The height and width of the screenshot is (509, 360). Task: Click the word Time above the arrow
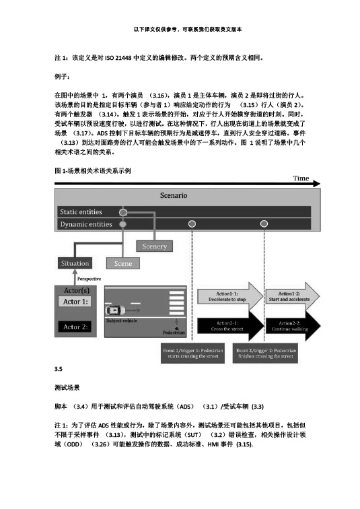(301, 178)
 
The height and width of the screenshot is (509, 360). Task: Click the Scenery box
(154, 246)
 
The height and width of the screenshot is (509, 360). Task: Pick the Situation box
(74, 263)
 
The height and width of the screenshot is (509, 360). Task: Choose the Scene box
(123, 263)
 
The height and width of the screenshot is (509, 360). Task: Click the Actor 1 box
(75, 302)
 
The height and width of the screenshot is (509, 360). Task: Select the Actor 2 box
(75, 327)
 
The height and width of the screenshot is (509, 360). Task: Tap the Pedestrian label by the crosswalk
(173, 332)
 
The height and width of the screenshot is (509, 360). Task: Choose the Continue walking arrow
(290, 326)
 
